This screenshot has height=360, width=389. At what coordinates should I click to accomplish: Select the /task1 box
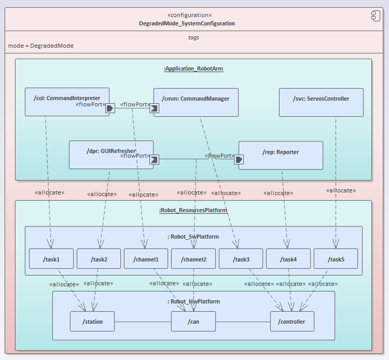(x=51, y=259)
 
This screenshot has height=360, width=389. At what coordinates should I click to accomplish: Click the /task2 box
(x=99, y=259)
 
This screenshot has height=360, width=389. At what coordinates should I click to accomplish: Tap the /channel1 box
(x=146, y=259)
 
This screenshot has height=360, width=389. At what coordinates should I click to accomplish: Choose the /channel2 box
(x=193, y=259)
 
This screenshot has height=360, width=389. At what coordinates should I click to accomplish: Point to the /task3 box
(x=241, y=259)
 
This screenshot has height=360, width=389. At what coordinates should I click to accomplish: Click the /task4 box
(x=288, y=259)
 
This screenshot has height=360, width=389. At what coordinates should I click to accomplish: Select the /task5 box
(x=336, y=259)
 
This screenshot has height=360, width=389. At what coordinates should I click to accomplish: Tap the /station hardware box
(x=92, y=322)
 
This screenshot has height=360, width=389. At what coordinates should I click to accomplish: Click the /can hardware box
(x=193, y=322)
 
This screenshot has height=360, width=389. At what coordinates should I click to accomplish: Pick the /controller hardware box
(x=292, y=322)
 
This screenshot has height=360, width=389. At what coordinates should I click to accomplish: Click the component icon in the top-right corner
(x=376, y=16)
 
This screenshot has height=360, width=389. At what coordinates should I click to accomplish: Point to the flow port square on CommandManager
(x=154, y=108)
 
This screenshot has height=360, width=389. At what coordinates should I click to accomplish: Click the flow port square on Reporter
(x=239, y=159)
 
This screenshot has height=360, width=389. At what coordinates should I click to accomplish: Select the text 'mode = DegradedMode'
(x=40, y=46)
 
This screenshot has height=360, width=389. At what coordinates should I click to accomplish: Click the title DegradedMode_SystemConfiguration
(x=187, y=23)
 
